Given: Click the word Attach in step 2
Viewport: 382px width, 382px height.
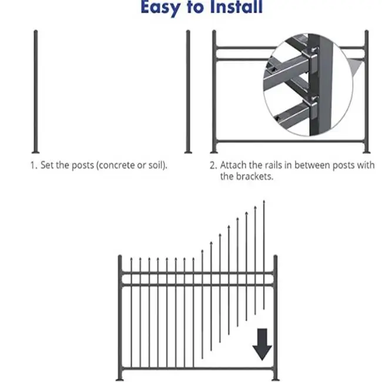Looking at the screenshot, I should coord(234,165).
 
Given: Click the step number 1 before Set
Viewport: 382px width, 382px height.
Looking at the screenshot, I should coord(33,165).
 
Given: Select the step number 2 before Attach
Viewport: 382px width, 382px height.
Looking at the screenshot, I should coord(213,165).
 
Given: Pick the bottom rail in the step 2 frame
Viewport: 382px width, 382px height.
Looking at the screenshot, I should coord(288,142).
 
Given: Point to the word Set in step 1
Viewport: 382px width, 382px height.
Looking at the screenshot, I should coord(47,165).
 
